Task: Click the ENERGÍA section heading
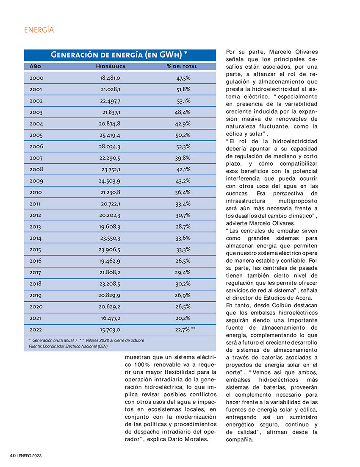tap(39, 30)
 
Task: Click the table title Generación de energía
tap(119, 55)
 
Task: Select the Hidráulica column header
tap(110, 67)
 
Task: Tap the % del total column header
tap(182, 67)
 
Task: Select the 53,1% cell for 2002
tap(184, 101)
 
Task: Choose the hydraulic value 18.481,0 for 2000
tap(110, 78)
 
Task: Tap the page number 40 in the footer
tap(13, 456)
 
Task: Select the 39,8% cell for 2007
tap(183, 158)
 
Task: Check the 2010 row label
tap(36, 192)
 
